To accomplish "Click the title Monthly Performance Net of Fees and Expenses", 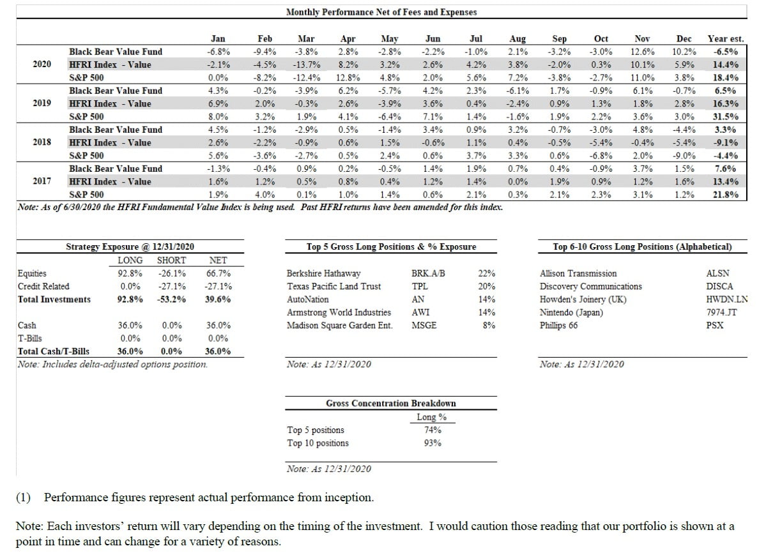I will (x=381, y=12).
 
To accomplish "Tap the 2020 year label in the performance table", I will (x=42, y=64).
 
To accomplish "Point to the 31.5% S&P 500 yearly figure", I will (x=725, y=117).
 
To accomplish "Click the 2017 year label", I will (x=42, y=181).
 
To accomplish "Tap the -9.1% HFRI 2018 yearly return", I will (x=725, y=143).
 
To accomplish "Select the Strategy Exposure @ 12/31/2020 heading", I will (x=130, y=246).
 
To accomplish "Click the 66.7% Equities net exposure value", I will (x=219, y=273).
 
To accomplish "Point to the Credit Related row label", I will (x=43, y=286).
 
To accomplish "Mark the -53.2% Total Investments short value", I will (x=171, y=299).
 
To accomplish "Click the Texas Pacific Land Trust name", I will (x=333, y=286).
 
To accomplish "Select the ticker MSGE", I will (x=424, y=326).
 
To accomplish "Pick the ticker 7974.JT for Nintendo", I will (x=719, y=313).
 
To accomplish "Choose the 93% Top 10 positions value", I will (x=433, y=443).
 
